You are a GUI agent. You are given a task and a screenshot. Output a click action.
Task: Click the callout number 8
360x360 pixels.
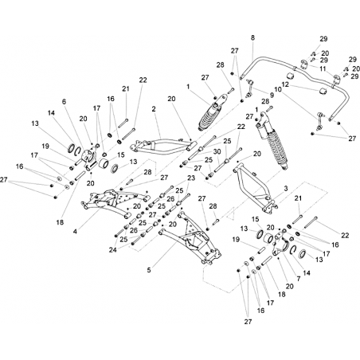point(252,37)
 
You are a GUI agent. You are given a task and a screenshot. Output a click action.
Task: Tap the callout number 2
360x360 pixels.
point(154,109)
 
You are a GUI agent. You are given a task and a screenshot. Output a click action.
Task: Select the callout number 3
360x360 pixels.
point(286,189)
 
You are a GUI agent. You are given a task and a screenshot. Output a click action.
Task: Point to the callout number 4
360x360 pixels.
point(75,232)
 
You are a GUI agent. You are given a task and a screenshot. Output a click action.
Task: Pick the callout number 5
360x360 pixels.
point(149,270)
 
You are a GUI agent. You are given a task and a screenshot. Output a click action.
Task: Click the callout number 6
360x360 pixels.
point(64,102)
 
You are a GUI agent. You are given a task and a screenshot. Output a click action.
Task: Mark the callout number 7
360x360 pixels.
point(299,279)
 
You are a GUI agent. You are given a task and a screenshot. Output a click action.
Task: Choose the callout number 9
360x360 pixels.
point(272,95)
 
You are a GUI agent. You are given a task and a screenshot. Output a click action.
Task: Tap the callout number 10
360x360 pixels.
point(278,89)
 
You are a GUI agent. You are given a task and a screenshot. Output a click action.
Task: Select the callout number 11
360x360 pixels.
point(323,68)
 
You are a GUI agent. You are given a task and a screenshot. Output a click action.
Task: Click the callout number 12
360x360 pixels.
point(285,85)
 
